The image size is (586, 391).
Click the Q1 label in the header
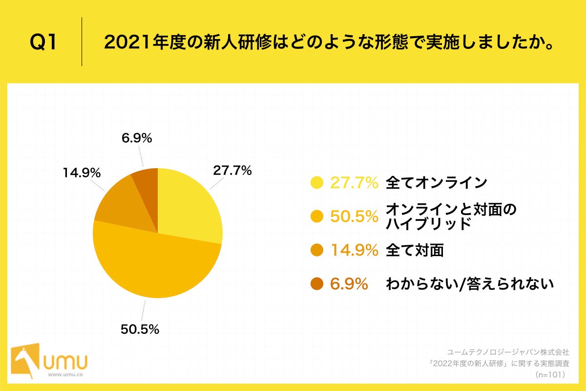[43, 43]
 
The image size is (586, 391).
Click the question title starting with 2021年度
[328, 43]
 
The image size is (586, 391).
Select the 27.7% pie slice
[188, 205]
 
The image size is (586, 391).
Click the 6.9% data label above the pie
[136, 138]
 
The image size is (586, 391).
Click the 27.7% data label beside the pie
[232, 171]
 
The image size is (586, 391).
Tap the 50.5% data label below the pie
[140, 329]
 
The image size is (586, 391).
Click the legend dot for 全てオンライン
[317, 183]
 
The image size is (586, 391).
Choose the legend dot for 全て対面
[317, 250]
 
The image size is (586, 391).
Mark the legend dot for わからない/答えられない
[317, 283]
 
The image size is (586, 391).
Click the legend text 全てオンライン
[437, 183]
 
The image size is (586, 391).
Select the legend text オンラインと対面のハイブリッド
[450, 216]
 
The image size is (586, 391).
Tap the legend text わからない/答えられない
[469, 283]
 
